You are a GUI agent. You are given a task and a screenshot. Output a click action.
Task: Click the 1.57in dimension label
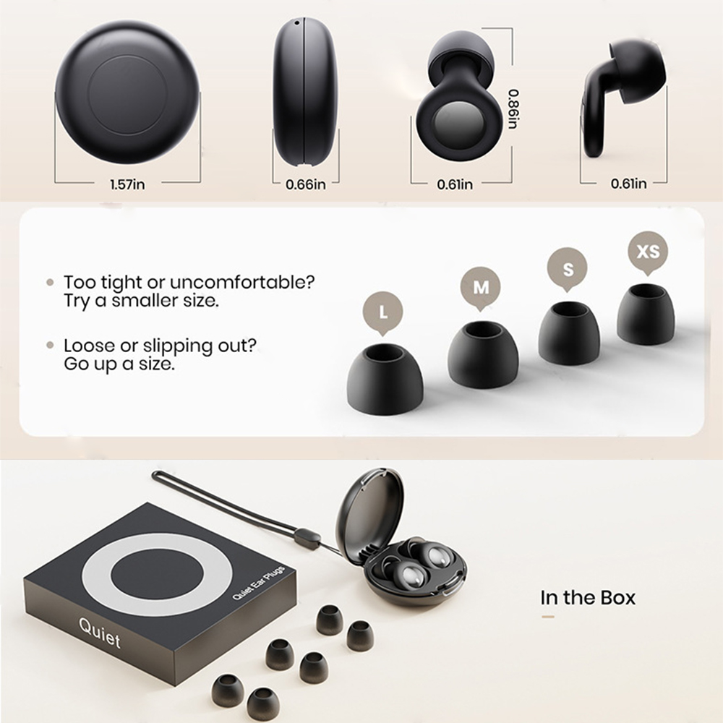click(x=127, y=184)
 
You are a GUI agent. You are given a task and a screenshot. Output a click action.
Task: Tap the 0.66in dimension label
click(x=306, y=184)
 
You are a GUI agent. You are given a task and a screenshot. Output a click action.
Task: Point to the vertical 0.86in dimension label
click(x=512, y=108)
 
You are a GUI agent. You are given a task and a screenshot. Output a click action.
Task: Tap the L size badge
click(x=382, y=312)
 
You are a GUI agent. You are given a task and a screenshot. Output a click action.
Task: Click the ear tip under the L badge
click(x=385, y=379)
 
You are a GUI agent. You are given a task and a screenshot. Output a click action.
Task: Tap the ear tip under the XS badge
click(x=645, y=315)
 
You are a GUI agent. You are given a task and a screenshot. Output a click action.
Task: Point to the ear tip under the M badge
click(x=482, y=354)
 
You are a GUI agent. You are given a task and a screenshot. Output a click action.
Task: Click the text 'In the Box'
click(x=588, y=597)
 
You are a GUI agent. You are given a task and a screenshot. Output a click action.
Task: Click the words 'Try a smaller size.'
click(x=140, y=301)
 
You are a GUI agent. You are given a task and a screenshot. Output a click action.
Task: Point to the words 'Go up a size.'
click(x=119, y=364)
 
